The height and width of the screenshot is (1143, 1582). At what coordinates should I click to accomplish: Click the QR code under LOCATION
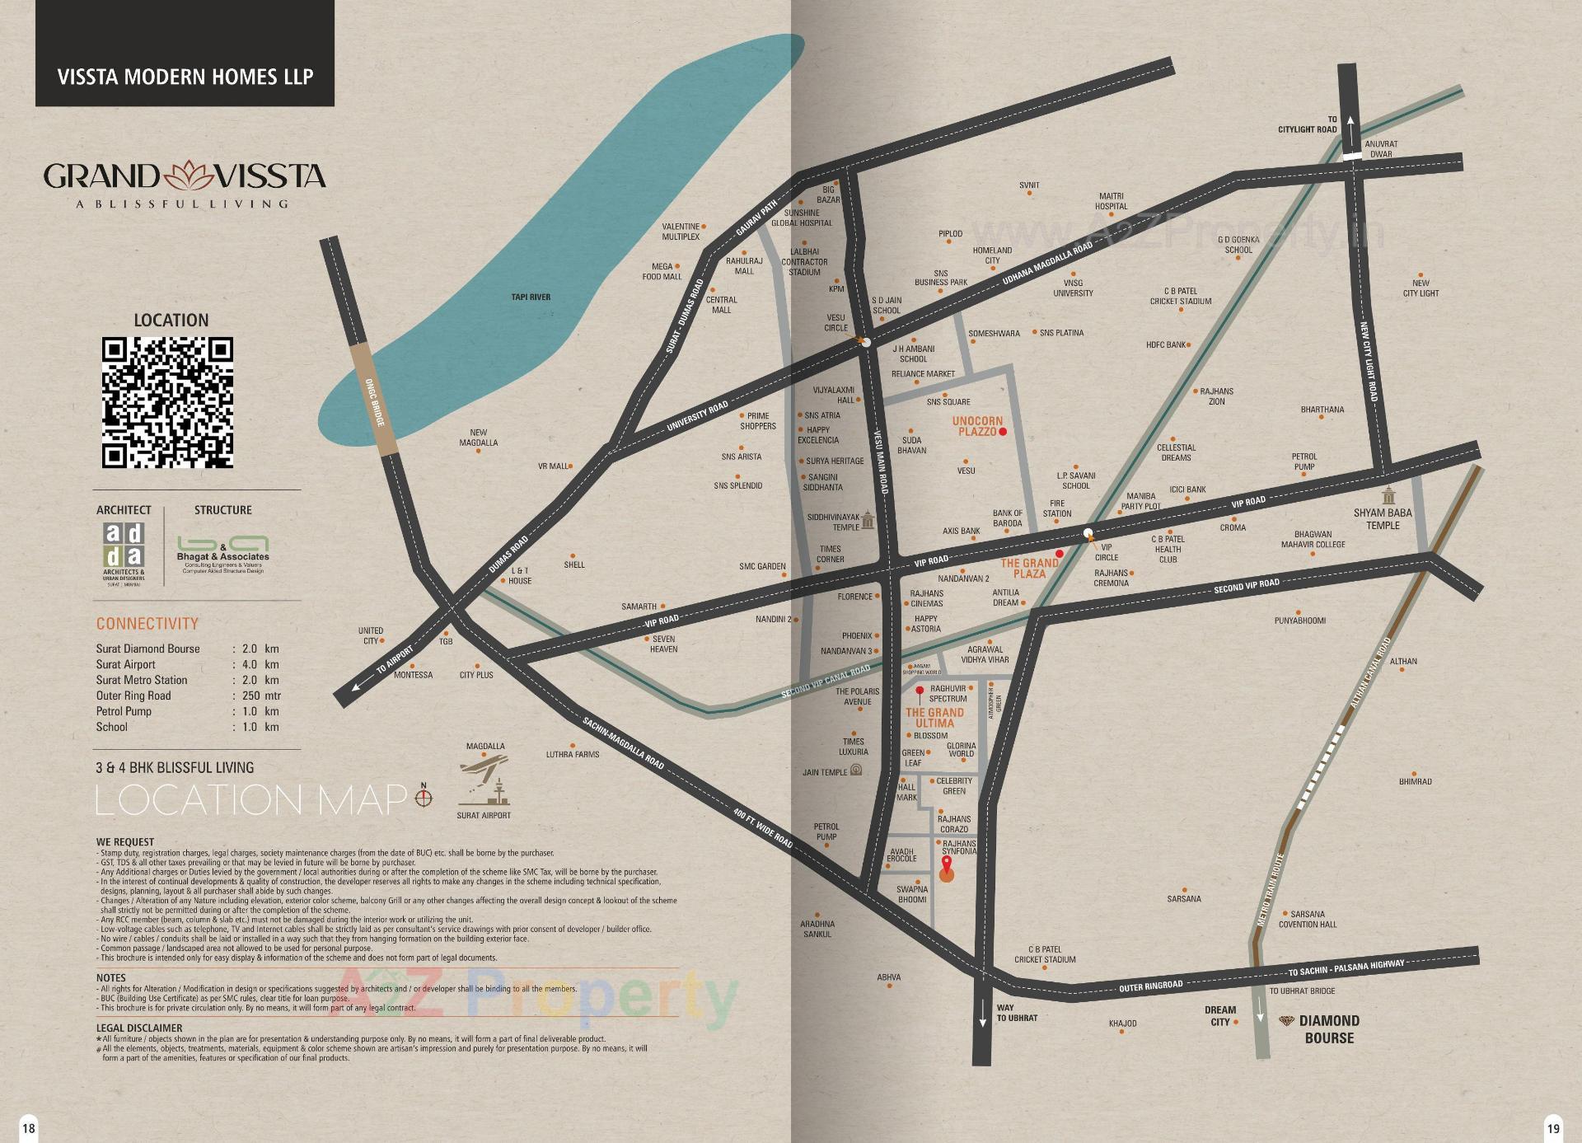[x=167, y=402]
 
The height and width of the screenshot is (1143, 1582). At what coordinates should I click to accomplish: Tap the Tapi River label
[x=531, y=297]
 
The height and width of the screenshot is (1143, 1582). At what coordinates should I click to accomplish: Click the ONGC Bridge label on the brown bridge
[x=375, y=402]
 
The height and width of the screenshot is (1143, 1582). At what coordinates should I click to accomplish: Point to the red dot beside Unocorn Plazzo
[x=1003, y=432]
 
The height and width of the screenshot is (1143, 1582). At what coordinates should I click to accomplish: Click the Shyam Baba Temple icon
[x=1390, y=496]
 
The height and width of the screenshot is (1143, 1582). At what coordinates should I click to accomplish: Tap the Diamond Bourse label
[x=1328, y=1029]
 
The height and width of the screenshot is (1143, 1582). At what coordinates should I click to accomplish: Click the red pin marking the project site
[x=946, y=865]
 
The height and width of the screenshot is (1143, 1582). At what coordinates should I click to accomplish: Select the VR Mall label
[x=553, y=466]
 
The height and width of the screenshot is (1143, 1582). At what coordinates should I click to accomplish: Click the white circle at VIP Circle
[x=1088, y=532]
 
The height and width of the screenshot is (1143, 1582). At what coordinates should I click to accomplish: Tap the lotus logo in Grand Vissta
[x=188, y=175]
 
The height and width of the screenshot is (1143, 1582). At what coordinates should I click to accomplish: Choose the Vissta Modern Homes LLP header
[x=185, y=77]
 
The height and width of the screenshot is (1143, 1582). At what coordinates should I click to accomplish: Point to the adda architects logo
[x=124, y=545]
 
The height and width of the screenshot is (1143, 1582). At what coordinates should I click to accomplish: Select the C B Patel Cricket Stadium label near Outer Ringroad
[x=1045, y=954]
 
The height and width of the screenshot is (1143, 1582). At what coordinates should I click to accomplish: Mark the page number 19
[x=1553, y=1128]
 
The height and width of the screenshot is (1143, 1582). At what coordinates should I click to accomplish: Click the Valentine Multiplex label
[x=681, y=232]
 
